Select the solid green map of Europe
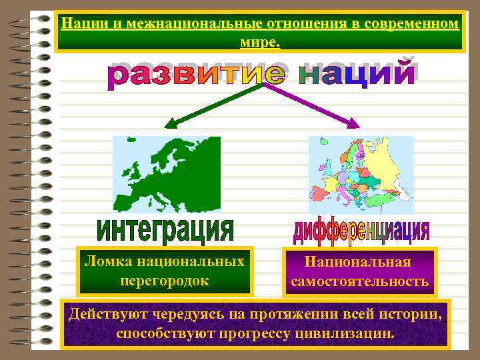(x=167, y=174)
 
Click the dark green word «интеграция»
(x=166, y=231)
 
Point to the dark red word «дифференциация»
(x=360, y=231)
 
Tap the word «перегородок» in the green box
(x=165, y=281)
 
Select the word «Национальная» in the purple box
(x=359, y=263)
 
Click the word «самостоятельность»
(x=359, y=281)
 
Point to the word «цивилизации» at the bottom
(x=347, y=332)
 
